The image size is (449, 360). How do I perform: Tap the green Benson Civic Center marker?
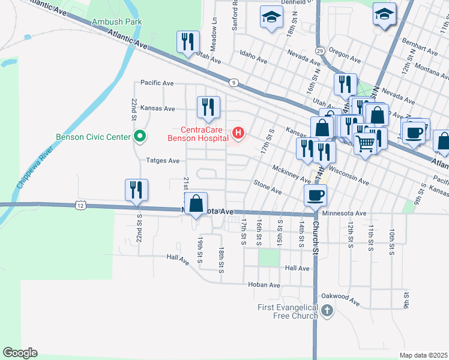[140, 137]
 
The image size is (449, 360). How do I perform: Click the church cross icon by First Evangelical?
[327, 311]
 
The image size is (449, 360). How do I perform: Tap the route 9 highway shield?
[232, 82]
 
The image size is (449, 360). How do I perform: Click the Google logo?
[20, 353]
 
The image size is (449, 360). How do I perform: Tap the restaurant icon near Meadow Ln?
[188, 42]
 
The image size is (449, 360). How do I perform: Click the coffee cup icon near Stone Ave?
[316, 194]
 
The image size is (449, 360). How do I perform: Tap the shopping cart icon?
[364, 143]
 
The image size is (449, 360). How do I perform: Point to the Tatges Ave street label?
[163, 161]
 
